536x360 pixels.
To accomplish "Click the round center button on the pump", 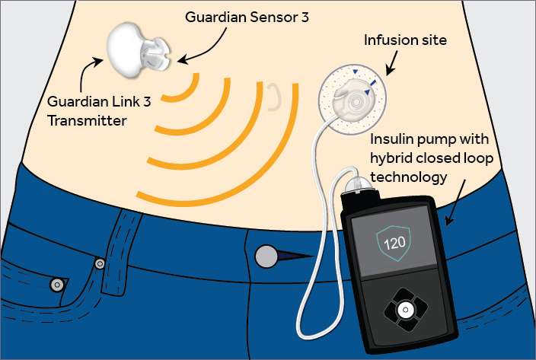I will click(x=406, y=310).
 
